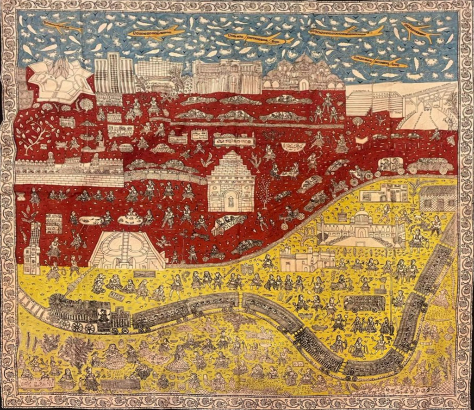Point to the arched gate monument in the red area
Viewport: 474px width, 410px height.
pyautogui.click(x=231, y=181)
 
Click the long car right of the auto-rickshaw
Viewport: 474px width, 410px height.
pyautogui.click(x=430, y=166)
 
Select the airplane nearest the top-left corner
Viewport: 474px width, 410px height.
pyautogui.click(x=62, y=27)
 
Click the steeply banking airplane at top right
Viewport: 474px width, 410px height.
pyautogui.click(x=421, y=31)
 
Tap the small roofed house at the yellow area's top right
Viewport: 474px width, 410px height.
pyautogui.click(x=437, y=198)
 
